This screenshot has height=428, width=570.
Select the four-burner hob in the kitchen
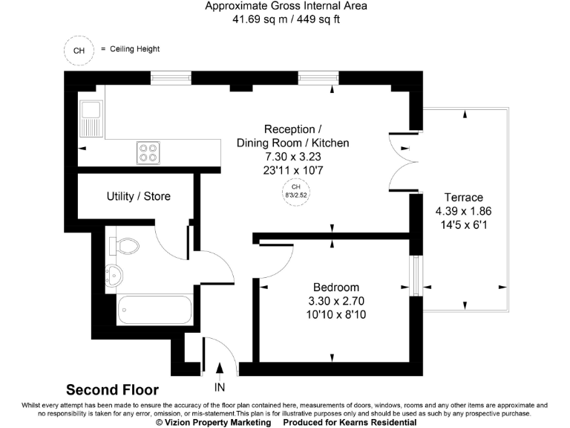coord(148,152)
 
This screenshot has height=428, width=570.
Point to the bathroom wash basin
coord(113,274)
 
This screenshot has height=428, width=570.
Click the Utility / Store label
coord(139,196)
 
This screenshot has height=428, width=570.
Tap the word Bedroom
coord(335,288)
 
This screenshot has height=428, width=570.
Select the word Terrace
coord(464,198)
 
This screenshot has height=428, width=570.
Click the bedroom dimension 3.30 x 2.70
coord(335,301)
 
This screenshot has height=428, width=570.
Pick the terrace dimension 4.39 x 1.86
coord(464,210)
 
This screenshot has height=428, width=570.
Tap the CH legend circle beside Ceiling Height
coord(79,51)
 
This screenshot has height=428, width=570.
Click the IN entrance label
coord(220,387)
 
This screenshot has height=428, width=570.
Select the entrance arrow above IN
coord(220,369)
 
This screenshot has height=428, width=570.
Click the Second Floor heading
coord(112,389)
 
